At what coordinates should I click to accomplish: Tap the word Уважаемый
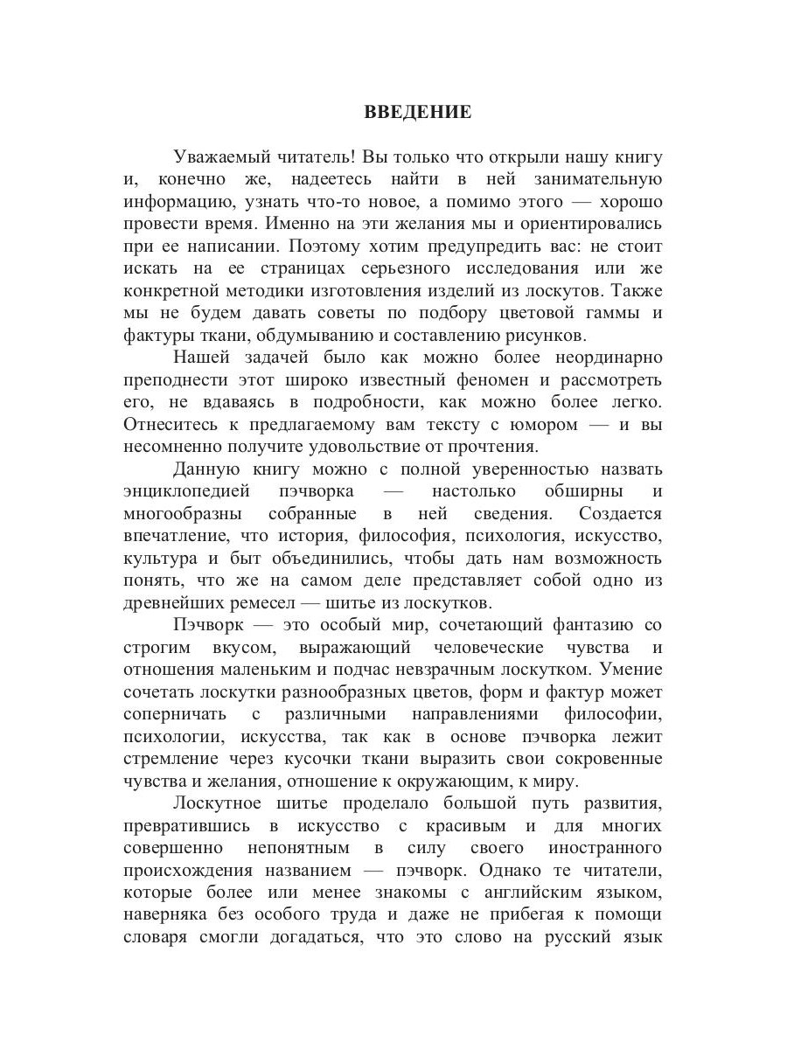tap(220, 157)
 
